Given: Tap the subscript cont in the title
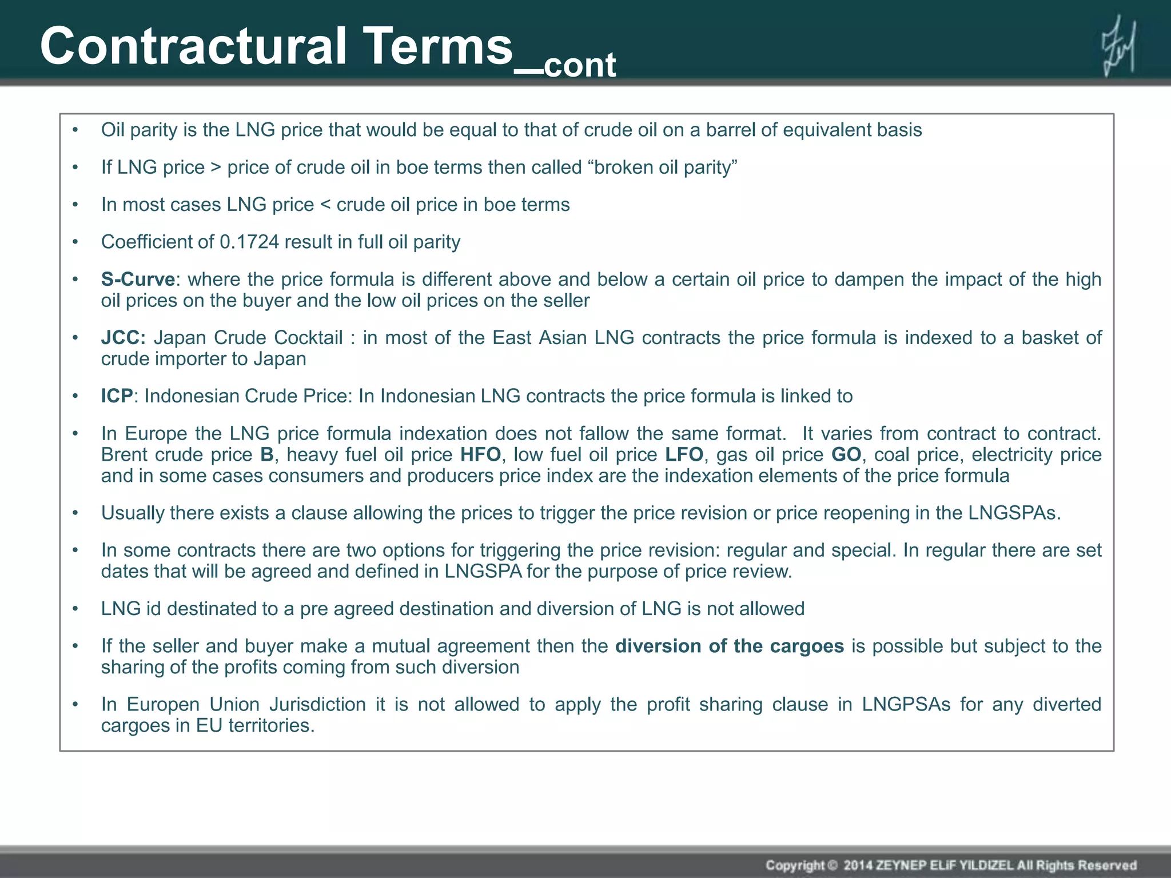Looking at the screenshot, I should [x=579, y=65].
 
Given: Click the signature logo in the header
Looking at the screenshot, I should [x=1118, y=46].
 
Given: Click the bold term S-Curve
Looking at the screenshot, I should [x=138, y=280].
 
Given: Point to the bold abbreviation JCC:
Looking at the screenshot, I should [x=123, y=338].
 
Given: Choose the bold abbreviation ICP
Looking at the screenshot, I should [x=117, y=396].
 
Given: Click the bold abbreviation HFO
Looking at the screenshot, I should [x=480, y=455].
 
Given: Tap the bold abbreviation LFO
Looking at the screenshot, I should [x=683, y=455].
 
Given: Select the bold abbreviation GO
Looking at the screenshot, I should [x=846, y=455].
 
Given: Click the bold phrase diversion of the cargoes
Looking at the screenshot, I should [x=729, y=646].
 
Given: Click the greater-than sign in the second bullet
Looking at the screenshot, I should [x=216, y=168].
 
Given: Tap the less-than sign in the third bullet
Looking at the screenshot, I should [x=325, y=205].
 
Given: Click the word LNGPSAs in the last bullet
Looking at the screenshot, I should [x=906, y=705].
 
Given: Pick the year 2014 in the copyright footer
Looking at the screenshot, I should [x=858, y=865].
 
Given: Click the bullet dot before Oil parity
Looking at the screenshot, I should [x=75, y=131].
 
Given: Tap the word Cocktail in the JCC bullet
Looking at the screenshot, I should [x=308, y=338].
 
